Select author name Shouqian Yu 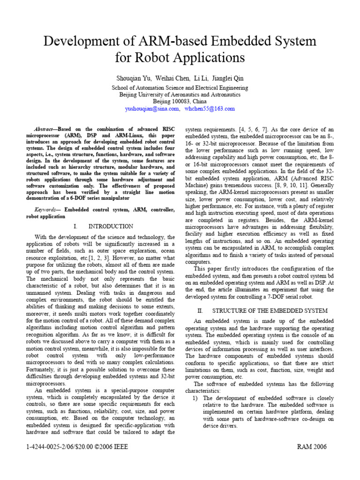click(x=132, y=78)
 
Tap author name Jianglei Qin click(x=227, y=78)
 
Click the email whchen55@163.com click(x=210, y=109)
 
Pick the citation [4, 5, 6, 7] click(x=241, y=128)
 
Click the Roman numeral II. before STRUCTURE click(x=201, y=311)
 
